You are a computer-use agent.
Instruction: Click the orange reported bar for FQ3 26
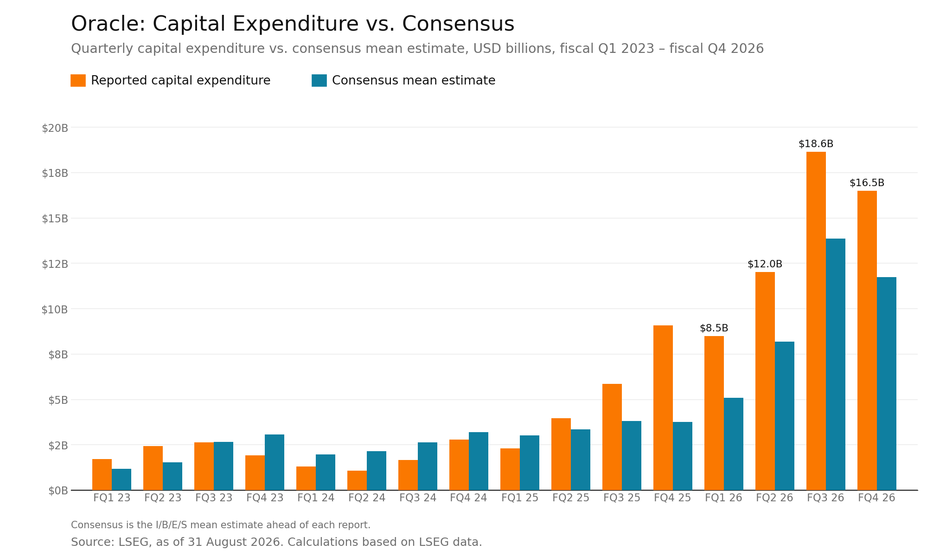coord(816,321)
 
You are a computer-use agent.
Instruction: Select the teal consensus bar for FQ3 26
coord(836,364)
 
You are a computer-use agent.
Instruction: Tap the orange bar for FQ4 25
coord(663,408)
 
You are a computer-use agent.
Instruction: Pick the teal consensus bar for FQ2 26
coord(785,416)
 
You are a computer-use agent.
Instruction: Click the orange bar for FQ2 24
coord(357,480)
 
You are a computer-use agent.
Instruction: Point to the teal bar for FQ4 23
coord(275,462)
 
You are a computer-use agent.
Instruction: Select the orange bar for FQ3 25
coord(612,437)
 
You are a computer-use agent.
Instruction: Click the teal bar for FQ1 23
coord(121,479)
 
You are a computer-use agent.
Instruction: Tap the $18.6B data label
coord(816,144)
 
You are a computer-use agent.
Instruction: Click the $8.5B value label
coord(714,328)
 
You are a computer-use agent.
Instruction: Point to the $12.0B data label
coord(765,264)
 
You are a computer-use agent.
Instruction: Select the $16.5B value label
coord(867,183)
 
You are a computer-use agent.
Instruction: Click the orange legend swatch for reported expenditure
coord(78,80)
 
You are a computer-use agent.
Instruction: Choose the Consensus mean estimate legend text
coord(414,80)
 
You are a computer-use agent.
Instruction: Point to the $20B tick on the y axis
coord(55,128)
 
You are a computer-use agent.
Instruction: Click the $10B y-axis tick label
coord(55,310)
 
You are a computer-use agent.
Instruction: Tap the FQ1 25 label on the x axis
coord(520,498)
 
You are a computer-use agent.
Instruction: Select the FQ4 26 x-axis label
coord(876,498)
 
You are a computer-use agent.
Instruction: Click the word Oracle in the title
coord(108,24)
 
